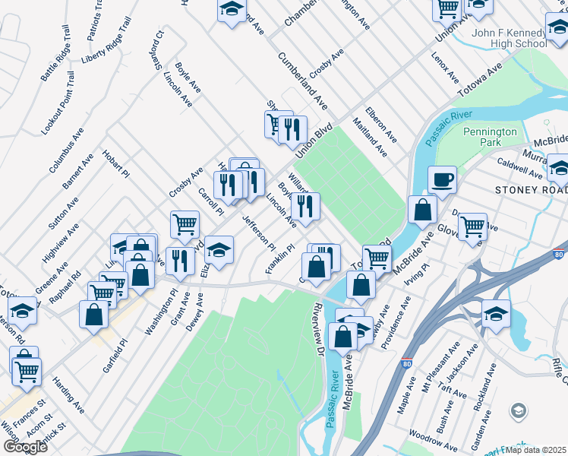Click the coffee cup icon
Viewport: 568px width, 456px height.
coord(442,180)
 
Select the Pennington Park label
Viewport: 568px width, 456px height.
coord(491,137)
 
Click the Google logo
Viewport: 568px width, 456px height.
coord(25,447)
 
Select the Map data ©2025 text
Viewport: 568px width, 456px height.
coord(536,450)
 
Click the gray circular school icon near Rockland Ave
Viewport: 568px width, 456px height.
coord(519,411)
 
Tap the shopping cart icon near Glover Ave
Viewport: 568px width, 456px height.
coord(472,225)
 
